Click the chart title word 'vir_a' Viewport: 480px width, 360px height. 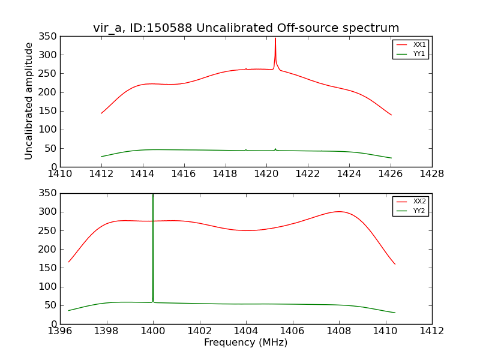(107, 28)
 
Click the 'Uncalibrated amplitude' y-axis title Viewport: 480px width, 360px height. (29, 101)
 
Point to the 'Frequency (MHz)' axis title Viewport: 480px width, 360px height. (245, 343)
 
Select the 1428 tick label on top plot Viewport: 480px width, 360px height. (431, 175)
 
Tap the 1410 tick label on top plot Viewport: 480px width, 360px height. (60, 175)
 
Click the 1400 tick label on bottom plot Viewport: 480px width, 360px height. (153, 331)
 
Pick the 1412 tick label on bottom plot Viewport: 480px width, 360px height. (431, 331)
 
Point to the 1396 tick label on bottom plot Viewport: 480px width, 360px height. (60, 331)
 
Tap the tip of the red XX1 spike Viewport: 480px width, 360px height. (275, 38)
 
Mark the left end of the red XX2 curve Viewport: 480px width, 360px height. (68, 262)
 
